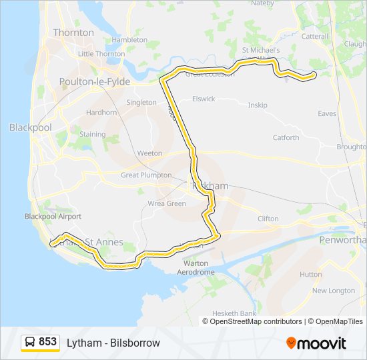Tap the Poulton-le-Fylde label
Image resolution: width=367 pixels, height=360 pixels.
pos(94,81)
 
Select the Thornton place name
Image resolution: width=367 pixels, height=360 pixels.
pos(73,32)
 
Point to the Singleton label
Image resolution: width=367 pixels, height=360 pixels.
pos(141,103)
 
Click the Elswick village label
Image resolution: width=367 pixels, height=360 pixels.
pos(204,99)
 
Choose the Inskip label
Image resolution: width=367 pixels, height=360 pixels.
pos(257,105)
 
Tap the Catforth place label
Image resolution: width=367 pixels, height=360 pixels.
pos(286,138)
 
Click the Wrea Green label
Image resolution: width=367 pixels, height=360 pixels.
pos(167,203)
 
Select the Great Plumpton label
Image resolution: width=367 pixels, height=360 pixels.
pos(146,175)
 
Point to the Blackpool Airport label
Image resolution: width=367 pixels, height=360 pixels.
pos(53,217)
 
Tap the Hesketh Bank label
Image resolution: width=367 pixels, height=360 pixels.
pos(234,313)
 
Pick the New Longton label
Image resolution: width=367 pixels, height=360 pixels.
pos(334,291)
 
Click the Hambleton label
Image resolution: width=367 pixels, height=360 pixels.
pos(129,40)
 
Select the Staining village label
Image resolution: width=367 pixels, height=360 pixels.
pos(93,134)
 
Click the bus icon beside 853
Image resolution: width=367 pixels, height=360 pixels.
pos(30,342)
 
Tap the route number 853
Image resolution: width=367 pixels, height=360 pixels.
pos(47,342)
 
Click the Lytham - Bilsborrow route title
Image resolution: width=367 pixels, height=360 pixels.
pos(113,343)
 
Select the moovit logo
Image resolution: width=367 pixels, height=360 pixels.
pos(316,343)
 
